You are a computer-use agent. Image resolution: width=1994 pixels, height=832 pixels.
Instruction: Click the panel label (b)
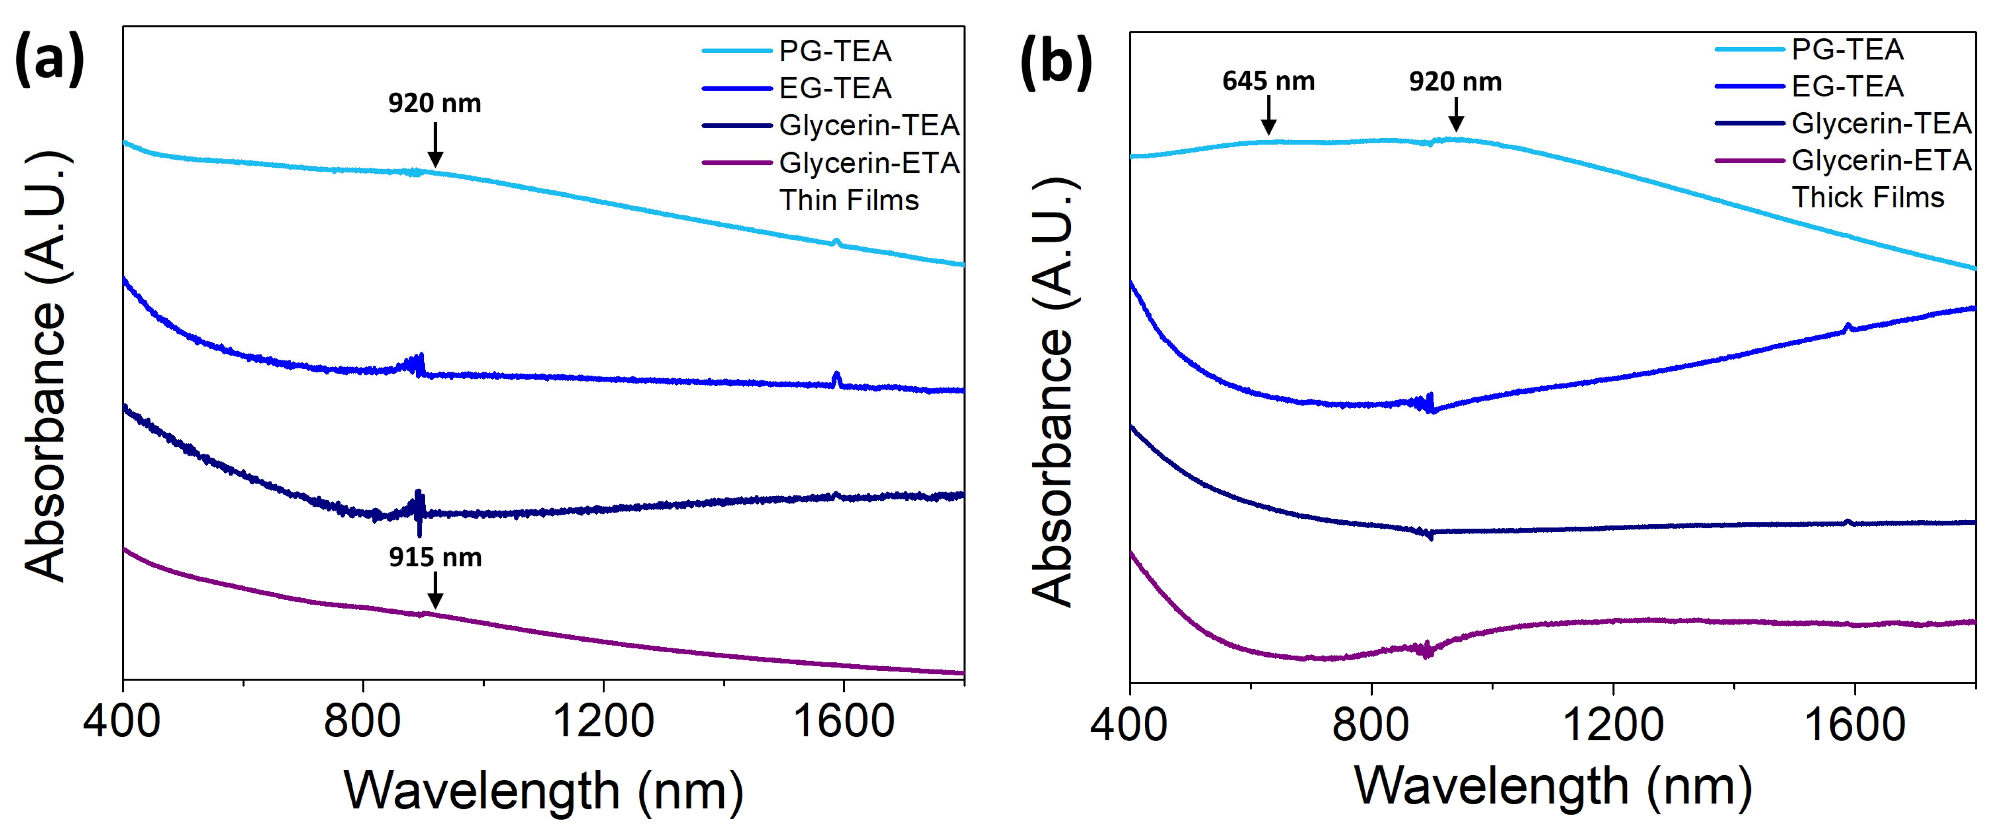pyautogui.click(x=1057, y=62)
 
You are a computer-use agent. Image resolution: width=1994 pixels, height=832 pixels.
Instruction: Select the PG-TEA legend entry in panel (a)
pyautogui.click(x=834, y=51)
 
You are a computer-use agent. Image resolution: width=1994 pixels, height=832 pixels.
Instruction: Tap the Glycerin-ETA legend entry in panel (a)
pyautogui.click(x=869, y=163)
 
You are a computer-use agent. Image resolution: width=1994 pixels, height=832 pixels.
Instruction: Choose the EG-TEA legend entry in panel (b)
pyautogui.click(x=1847, y=86)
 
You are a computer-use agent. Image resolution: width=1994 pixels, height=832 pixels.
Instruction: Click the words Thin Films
pyautogui.click(x=848, y=200)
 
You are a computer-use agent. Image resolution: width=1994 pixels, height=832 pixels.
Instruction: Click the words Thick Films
pyautogui.click(x=1867, y=197)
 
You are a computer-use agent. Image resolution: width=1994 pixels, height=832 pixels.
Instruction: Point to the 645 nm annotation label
pyautogui.click(x=1268, y=81)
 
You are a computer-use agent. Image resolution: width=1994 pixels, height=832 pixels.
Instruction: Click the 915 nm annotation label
pyautogui.click(x=435, y=557)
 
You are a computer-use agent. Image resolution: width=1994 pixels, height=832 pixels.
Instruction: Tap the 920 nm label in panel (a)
pyautogui.click(x=434, y=103)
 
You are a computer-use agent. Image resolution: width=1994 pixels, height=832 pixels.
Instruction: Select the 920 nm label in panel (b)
pyautogui.click(x=1455, y=81)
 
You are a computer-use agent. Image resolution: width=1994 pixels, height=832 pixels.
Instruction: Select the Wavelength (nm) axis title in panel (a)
pyautogui.click(x=544, y=791)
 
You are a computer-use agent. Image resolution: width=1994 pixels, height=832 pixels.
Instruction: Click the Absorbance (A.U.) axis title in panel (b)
pyautogui.click(x=1054, y=391)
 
